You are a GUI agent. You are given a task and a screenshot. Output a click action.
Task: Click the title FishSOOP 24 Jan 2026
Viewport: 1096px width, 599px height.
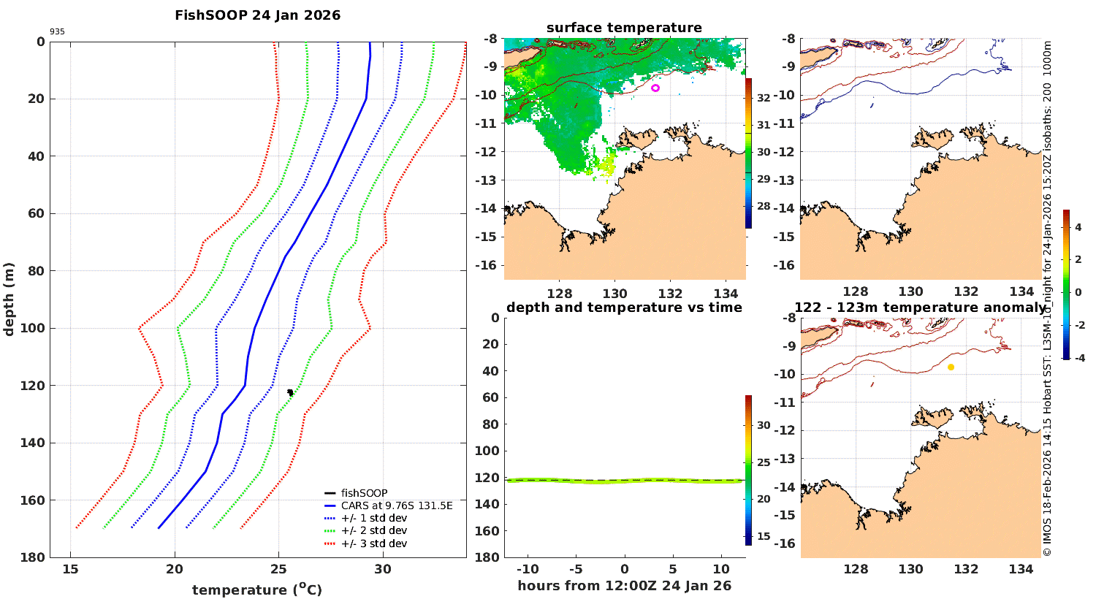[257, 15]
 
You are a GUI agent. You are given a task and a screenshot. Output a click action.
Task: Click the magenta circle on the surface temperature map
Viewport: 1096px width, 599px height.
[655, 88]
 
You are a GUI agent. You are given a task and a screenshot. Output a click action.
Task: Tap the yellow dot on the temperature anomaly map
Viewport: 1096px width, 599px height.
[951, 367]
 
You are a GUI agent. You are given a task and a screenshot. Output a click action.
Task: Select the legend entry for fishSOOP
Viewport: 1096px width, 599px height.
[364, 493]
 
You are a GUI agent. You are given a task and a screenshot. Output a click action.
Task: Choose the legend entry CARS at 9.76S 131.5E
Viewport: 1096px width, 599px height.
[397, 505]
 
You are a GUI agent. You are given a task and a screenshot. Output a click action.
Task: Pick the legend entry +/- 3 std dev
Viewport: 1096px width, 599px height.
[373, 543]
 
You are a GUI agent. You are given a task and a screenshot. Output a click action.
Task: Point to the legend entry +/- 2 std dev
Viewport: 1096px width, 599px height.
[373, 531]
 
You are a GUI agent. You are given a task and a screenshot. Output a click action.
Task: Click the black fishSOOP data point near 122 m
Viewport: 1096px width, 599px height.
[290, 392]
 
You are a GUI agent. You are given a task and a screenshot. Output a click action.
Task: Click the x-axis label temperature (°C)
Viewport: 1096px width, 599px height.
[256, 590]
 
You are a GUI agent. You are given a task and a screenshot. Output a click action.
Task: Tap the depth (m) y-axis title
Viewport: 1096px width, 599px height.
[9, 299]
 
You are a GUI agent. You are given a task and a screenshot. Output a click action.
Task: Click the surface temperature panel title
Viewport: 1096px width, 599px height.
[624, 28]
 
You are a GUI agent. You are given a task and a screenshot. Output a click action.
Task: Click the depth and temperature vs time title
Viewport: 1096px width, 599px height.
[624, 308]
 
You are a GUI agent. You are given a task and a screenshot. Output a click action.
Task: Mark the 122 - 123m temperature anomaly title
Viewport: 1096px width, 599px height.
[920, 308]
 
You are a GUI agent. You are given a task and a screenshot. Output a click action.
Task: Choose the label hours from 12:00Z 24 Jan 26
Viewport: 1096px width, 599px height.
[624, 586]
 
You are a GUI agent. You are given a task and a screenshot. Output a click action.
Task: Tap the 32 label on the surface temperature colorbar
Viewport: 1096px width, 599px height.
[764, 98]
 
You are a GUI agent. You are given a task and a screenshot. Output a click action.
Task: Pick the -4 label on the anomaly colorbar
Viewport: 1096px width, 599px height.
[1077, 358]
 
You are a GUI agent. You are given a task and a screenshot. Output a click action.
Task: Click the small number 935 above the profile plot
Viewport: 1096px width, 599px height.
[57, 32]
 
